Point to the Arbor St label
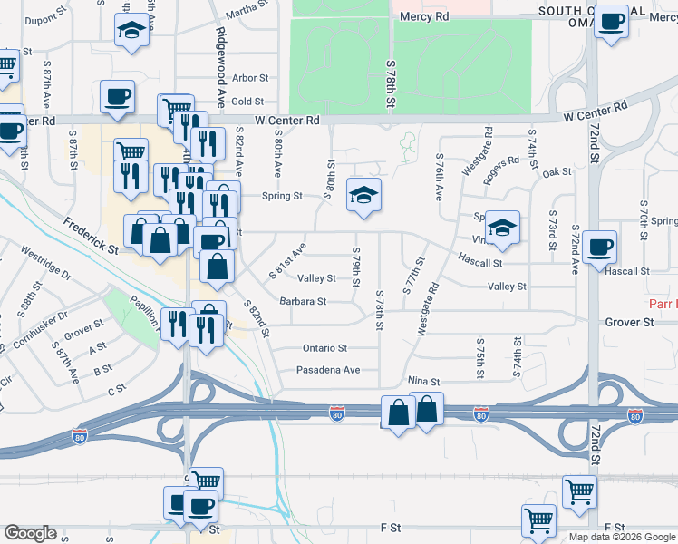pyautogui.click(x=250, y=80)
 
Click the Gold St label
pyautogui.click(x=247, y=102)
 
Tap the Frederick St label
pyautogui.click(x=91, y=235)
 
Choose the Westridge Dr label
pyautogui.click(x=45, y=263)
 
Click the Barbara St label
pyautogui.click(x=302, y=301)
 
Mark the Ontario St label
pyautogui.click(x=324, y=348)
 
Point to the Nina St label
pyautogui.click(x=423, y=383)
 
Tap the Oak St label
pyautogui.click(x=557, y=172)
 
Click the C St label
pyautogui.click(x=116, y=390)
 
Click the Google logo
pyautogui.click(x=30, y=533)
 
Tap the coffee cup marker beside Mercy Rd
pyautogui.click(x=612, y=21)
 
